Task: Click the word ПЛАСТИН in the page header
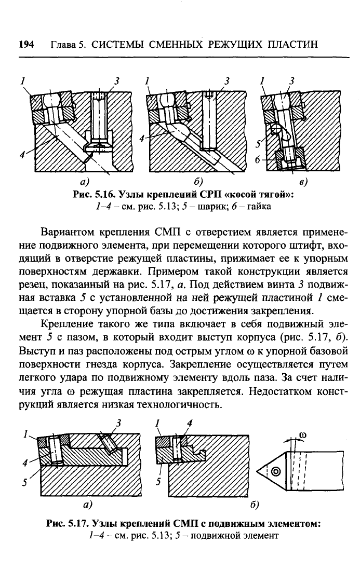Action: pos(292,45)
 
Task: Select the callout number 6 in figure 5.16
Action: pos(258,159)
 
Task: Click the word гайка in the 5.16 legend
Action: pos(259,206)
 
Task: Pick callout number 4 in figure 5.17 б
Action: pos(190,423)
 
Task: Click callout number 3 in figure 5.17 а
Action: pos(118,423)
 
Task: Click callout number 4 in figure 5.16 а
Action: pos(22,155)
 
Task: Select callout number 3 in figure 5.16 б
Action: pos(227,80)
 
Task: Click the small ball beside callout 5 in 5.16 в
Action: pos(277,129)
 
